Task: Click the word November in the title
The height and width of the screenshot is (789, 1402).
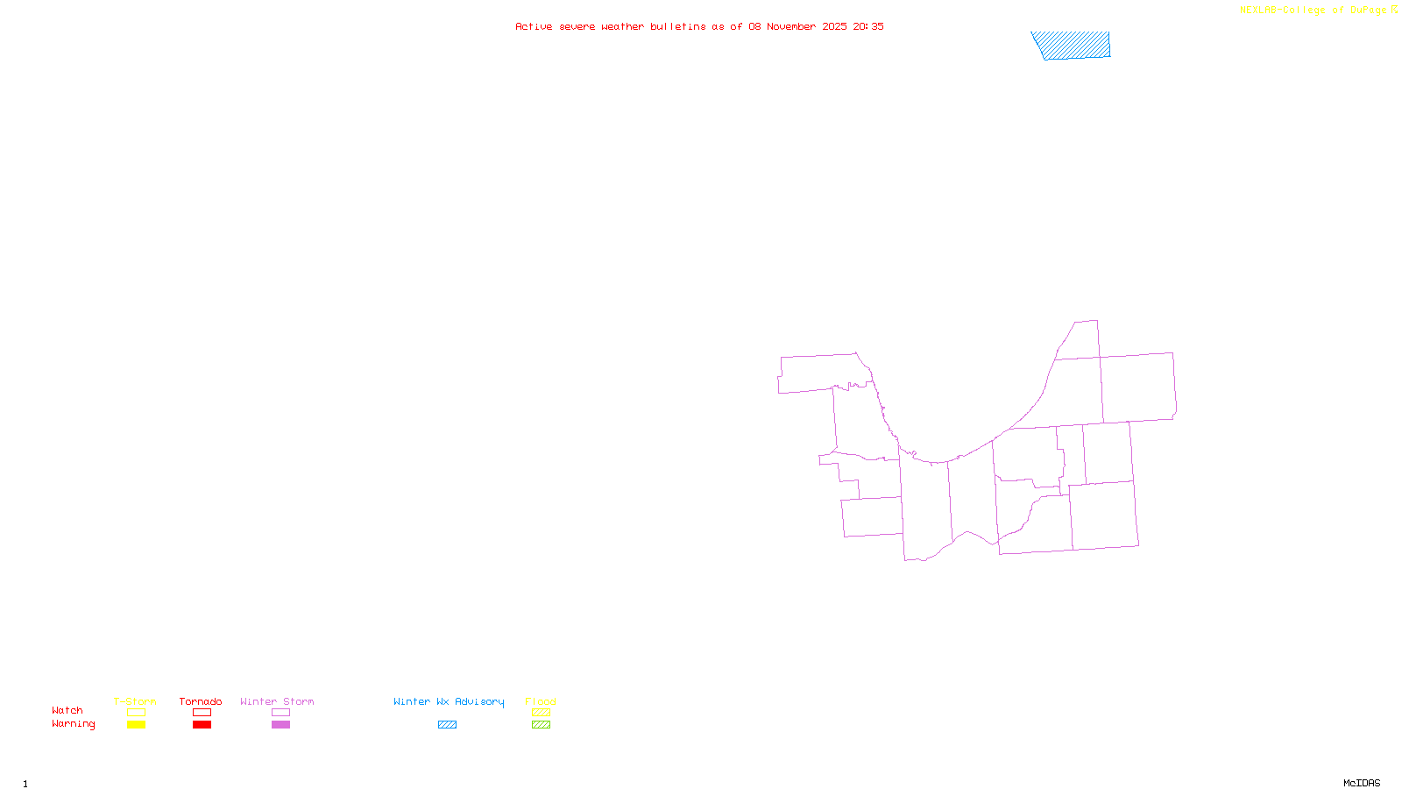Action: pos(791,26)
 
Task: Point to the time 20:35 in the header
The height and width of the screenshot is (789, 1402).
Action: pos(868,26)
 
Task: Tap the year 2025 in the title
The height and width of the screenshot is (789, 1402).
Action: pos(834,26)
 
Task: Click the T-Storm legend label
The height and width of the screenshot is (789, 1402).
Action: pos(135,701)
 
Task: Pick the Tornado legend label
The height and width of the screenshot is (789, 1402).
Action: pos(201,701)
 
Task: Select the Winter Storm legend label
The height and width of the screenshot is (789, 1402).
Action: pos(277,701)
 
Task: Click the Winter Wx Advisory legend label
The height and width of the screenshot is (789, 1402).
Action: pos(449,701)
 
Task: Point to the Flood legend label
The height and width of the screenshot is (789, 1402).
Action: pos(541,701)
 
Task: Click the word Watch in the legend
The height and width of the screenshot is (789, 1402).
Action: pos(67,710)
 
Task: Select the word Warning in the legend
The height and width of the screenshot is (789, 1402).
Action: pos(73,724)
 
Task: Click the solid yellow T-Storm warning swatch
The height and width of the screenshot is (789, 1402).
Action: pos(136,725)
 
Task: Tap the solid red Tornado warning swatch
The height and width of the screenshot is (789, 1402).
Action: pos(202,725)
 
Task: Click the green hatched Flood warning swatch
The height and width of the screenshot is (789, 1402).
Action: pos(542,725)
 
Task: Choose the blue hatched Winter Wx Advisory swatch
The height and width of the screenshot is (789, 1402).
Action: pos(447,725)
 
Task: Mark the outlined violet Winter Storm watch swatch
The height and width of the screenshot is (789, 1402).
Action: pos(280,713)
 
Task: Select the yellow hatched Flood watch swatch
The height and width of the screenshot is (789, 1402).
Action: pos(542,713)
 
